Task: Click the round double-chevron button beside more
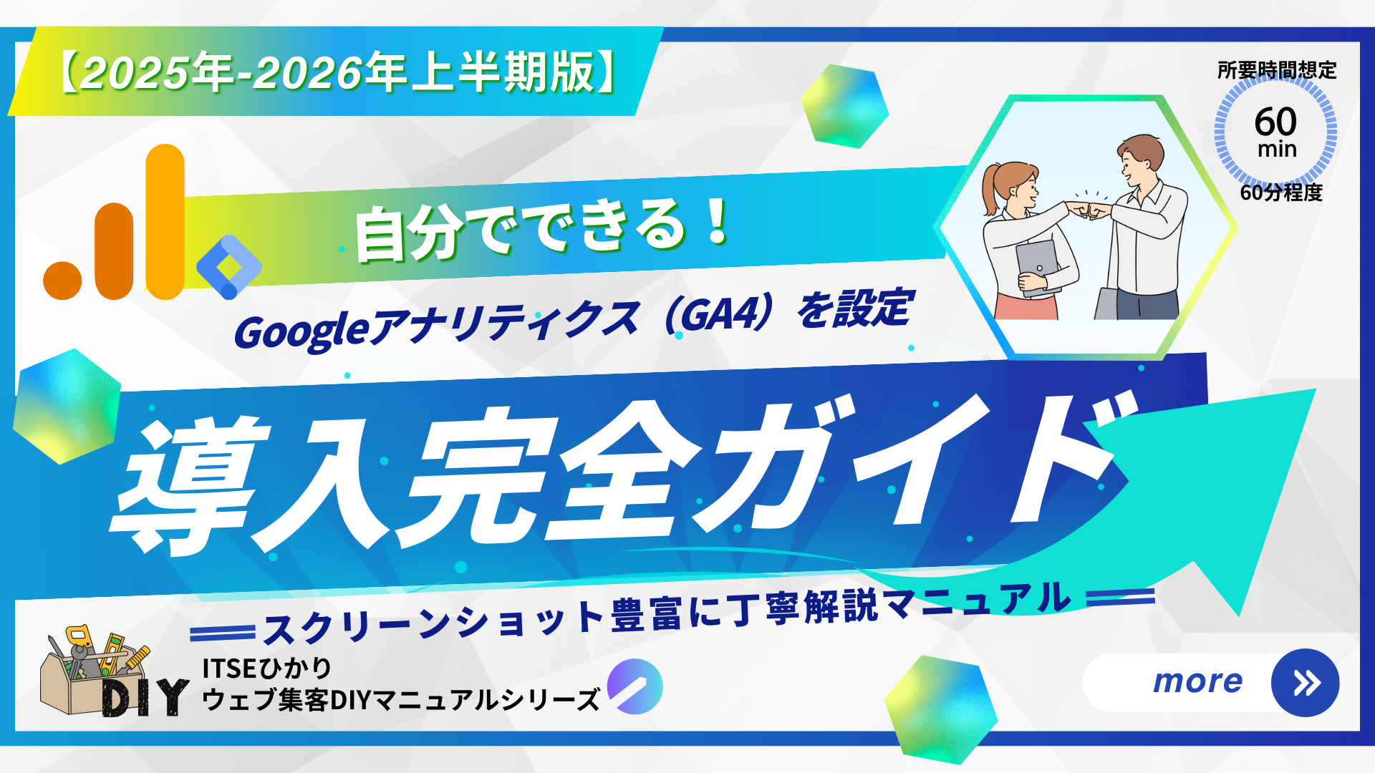(x=1305, y=683)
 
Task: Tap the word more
(x=1197, y=681)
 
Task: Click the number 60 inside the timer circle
(x=1275, y=121)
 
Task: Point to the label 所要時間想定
(x=1277, y=70)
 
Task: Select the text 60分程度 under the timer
(x=1281, y=192)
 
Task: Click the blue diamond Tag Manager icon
(x=228, y=266)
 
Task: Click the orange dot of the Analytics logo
(x=62, y=280)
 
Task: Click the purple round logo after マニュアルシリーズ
(x=635, y=686)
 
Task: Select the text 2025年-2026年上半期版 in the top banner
(x=337, y=72)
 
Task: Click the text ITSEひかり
(x=266, y=669)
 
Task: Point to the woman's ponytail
(x=990, y=190)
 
